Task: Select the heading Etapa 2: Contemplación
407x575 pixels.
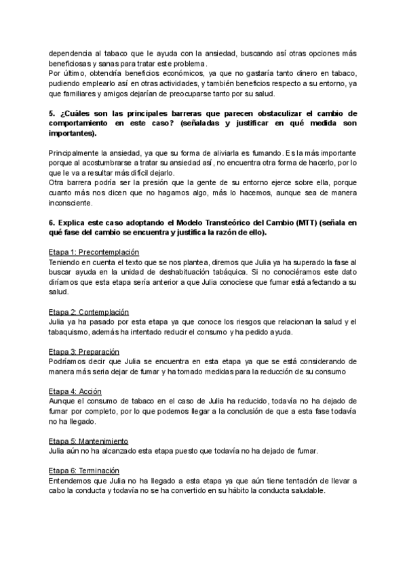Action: tap(90, 312)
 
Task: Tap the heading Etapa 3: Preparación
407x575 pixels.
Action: tap(84, 352)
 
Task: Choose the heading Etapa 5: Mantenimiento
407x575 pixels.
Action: tap(89, 441)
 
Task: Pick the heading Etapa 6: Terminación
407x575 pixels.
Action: tap(84, 471)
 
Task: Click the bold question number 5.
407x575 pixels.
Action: tap(52, 113)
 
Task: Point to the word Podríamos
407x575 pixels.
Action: tap(69, 362)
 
